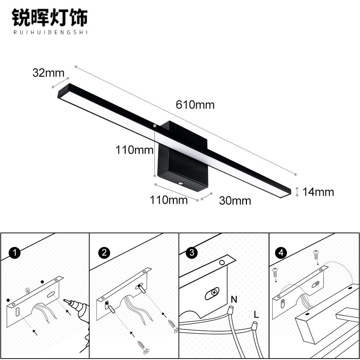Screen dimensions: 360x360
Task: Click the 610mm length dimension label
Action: pyautogui.click(x=195, y=105)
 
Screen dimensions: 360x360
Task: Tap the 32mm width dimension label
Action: pyautogui.click(x=49, y=73)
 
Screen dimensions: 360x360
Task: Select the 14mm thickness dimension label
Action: pyautogui.click(x=318, y=192)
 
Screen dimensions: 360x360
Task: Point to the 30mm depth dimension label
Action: pyautogui.click(x=235, y=201)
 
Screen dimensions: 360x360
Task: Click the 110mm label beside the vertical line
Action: pyautogui.click(x=134, y=150)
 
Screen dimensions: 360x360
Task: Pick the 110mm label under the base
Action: pyautogui.click(x=169, y=200)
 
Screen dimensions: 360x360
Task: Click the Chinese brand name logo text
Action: pyautogui.click(x=50, y=18)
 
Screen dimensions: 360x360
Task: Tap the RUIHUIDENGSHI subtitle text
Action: pyautogui.click(x=50, y=32)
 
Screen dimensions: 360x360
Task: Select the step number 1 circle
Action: pyautogui.click(x=14, y=253)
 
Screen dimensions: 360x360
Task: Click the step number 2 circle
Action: pyautogui.click(x=104, y=253)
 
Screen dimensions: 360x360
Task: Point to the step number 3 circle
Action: pyautogui.click(x=192, y=253)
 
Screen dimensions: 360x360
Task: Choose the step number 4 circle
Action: pyautogui.click(x=281, y=253)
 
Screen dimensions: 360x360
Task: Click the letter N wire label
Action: pyautogui.click(x=234, y=300)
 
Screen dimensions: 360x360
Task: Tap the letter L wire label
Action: pyautogui.click(x=256, y=315)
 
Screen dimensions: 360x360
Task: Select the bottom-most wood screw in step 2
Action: pyautogui.click(x=143, y=347)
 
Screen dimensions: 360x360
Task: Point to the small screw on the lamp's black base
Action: pyautogui.click(x=181, y=183)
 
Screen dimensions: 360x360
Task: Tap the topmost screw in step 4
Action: pyautogui.click(x=316, y=255)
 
